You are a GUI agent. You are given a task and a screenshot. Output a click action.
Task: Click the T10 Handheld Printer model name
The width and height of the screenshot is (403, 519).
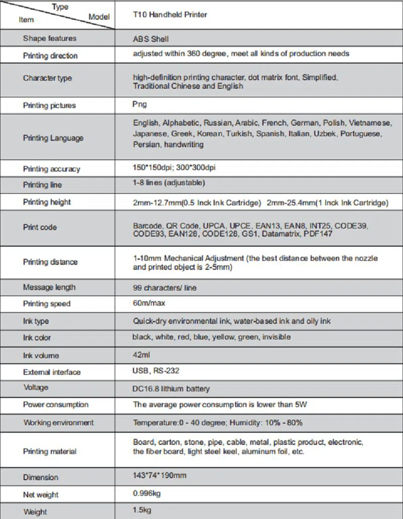click(x=170, y=15)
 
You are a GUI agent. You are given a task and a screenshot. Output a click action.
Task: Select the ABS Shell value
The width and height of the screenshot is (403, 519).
click(x=151, y=39)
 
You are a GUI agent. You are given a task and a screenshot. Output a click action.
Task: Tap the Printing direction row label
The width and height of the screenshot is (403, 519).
click(x=50, y=55)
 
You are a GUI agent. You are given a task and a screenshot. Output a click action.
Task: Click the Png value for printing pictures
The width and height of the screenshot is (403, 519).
click(x=140, y=104)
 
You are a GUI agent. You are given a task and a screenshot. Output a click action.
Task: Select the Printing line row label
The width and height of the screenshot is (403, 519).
click(x=42, y=185)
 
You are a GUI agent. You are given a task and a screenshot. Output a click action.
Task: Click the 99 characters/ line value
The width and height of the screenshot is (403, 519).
click(x=165, y=288)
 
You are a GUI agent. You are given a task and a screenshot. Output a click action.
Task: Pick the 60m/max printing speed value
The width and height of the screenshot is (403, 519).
click(x=149, y=303)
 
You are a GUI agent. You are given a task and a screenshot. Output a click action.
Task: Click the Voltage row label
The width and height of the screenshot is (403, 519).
click(x=36, y=387)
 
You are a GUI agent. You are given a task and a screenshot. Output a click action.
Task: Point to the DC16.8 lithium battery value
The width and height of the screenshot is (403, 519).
click(x=171, y=389)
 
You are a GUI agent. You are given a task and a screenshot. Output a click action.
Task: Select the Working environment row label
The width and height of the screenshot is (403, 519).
click(x=58, y=422)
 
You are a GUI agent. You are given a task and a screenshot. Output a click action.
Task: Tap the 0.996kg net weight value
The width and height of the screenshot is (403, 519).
click(x=147, y=493)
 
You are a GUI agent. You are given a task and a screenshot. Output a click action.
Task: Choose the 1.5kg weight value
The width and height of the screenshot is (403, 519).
click(x=142, y=510)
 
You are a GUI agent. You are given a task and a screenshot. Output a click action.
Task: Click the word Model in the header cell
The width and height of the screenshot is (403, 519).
click(x=99, y=17)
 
